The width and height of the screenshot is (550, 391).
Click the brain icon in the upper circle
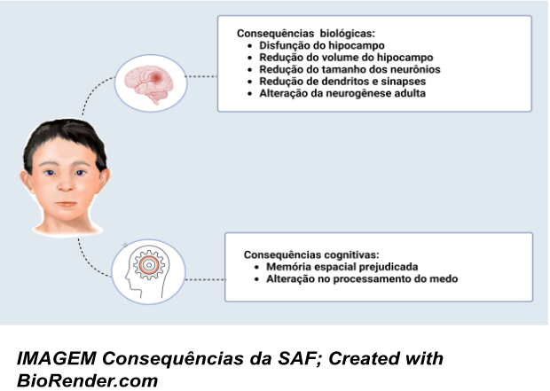pos(147,77)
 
